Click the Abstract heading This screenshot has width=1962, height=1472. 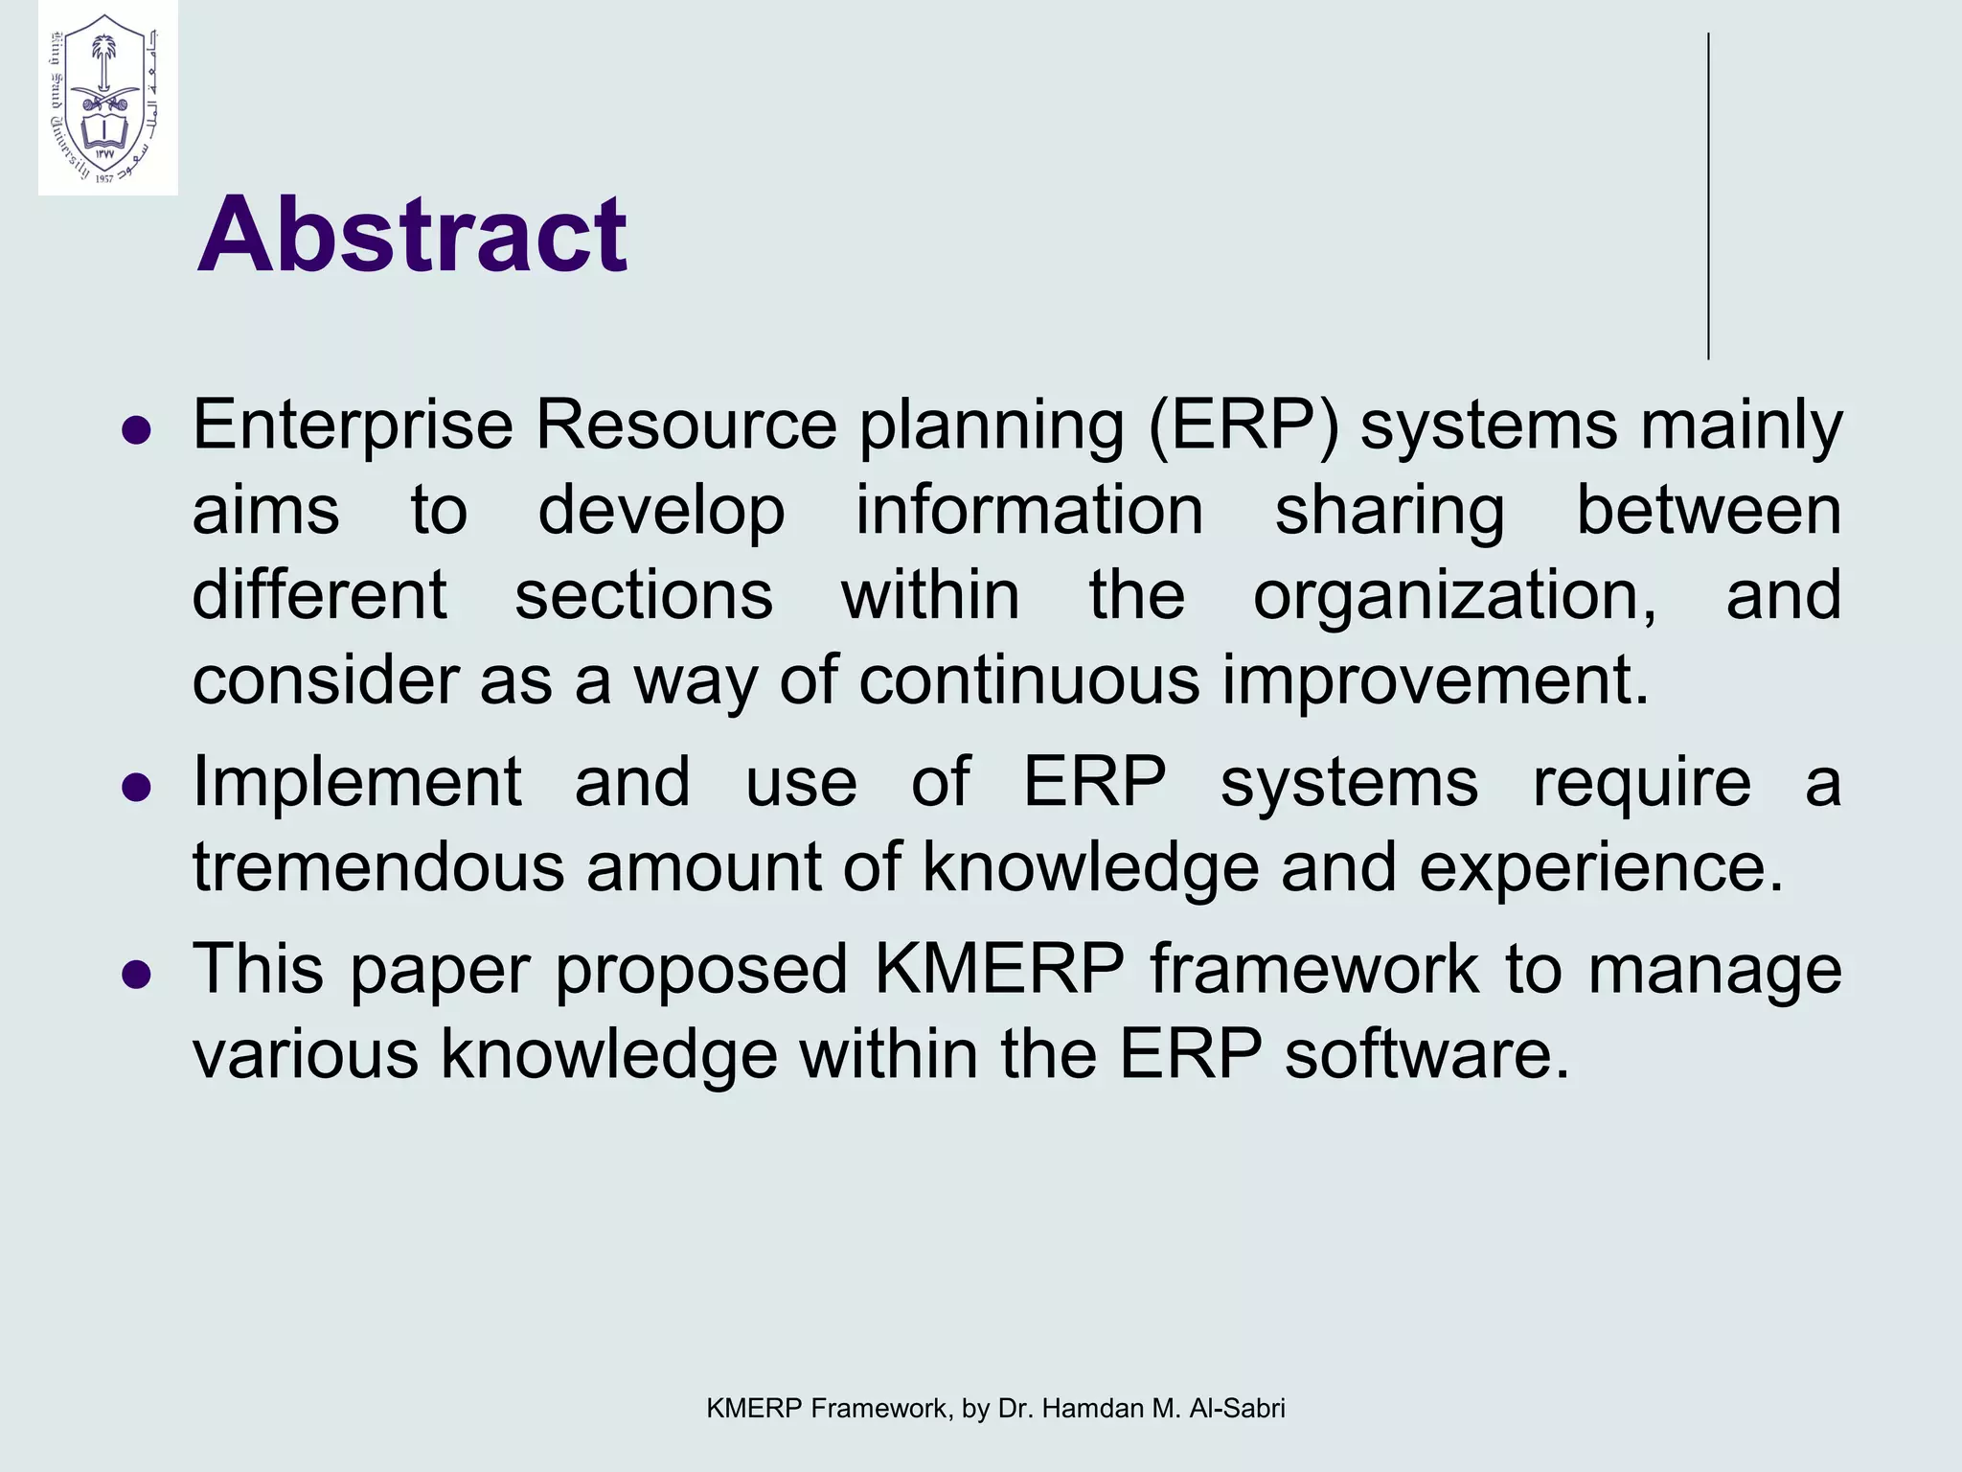tap(412, 235)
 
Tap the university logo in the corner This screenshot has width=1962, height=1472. tap(107, 98)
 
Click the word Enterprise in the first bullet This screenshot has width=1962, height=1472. tap(353, 425)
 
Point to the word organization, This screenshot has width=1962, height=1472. tap(1454, 596)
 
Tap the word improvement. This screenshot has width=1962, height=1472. tap(1434, 680)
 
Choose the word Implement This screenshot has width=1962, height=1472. tap(357, 782)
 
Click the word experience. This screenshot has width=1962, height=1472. tap(1601, 867)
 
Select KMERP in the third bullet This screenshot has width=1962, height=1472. tap(999, 969)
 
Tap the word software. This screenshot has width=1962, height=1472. tap(1426, 1054)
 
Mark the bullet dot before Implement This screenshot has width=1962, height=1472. tap(137, 788)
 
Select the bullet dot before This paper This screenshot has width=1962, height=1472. tap(137, 975)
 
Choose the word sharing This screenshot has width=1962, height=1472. tap(1389, 511)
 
